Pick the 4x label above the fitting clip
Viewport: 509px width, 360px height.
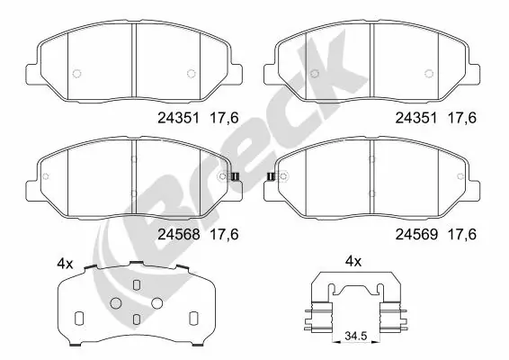tap(353, 262)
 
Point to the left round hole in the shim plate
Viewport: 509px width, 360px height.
tap(115, 303)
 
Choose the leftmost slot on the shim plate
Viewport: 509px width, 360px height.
tap(77, 318)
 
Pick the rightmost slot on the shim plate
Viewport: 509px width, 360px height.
tap(192, 318)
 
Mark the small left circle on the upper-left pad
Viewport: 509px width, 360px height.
tap(77, 74)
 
